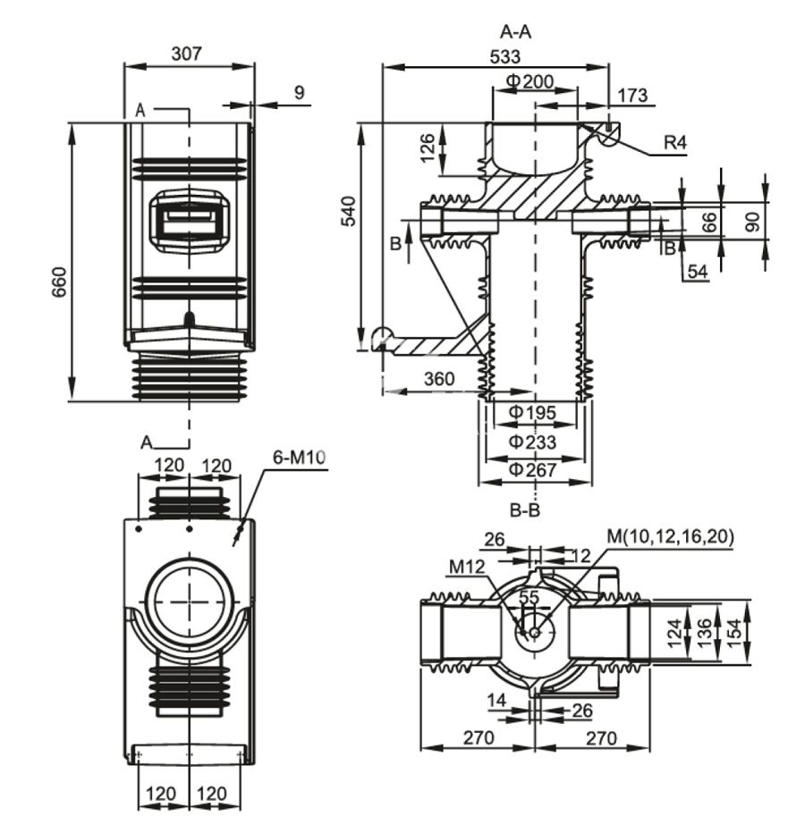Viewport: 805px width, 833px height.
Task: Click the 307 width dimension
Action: point(186,54)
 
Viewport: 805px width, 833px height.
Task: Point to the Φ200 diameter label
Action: point(530,81)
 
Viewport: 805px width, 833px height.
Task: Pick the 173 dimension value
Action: point(631,96)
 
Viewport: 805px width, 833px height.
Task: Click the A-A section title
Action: point(516,32)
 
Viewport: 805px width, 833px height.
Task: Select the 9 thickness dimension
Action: point(299,91)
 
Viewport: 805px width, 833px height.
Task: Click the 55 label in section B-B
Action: point(529,597)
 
